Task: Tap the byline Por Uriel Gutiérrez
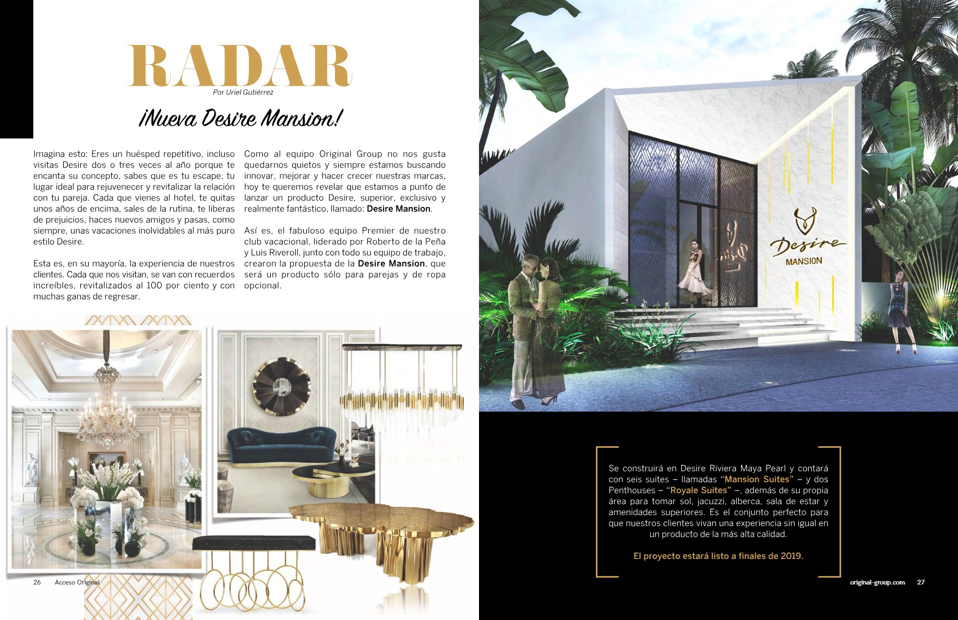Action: coord(243,92)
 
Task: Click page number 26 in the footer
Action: coord(37,582)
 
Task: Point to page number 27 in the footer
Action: coord(921,582)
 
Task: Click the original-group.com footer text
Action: coord(877,582)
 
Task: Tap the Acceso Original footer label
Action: coord(77,582)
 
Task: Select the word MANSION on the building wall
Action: coord(804,261)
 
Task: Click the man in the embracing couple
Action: coord(523,324)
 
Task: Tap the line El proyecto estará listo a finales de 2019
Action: coord(718,556)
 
